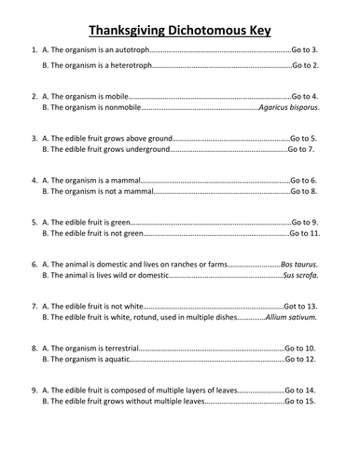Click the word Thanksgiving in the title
click(128, 30)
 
